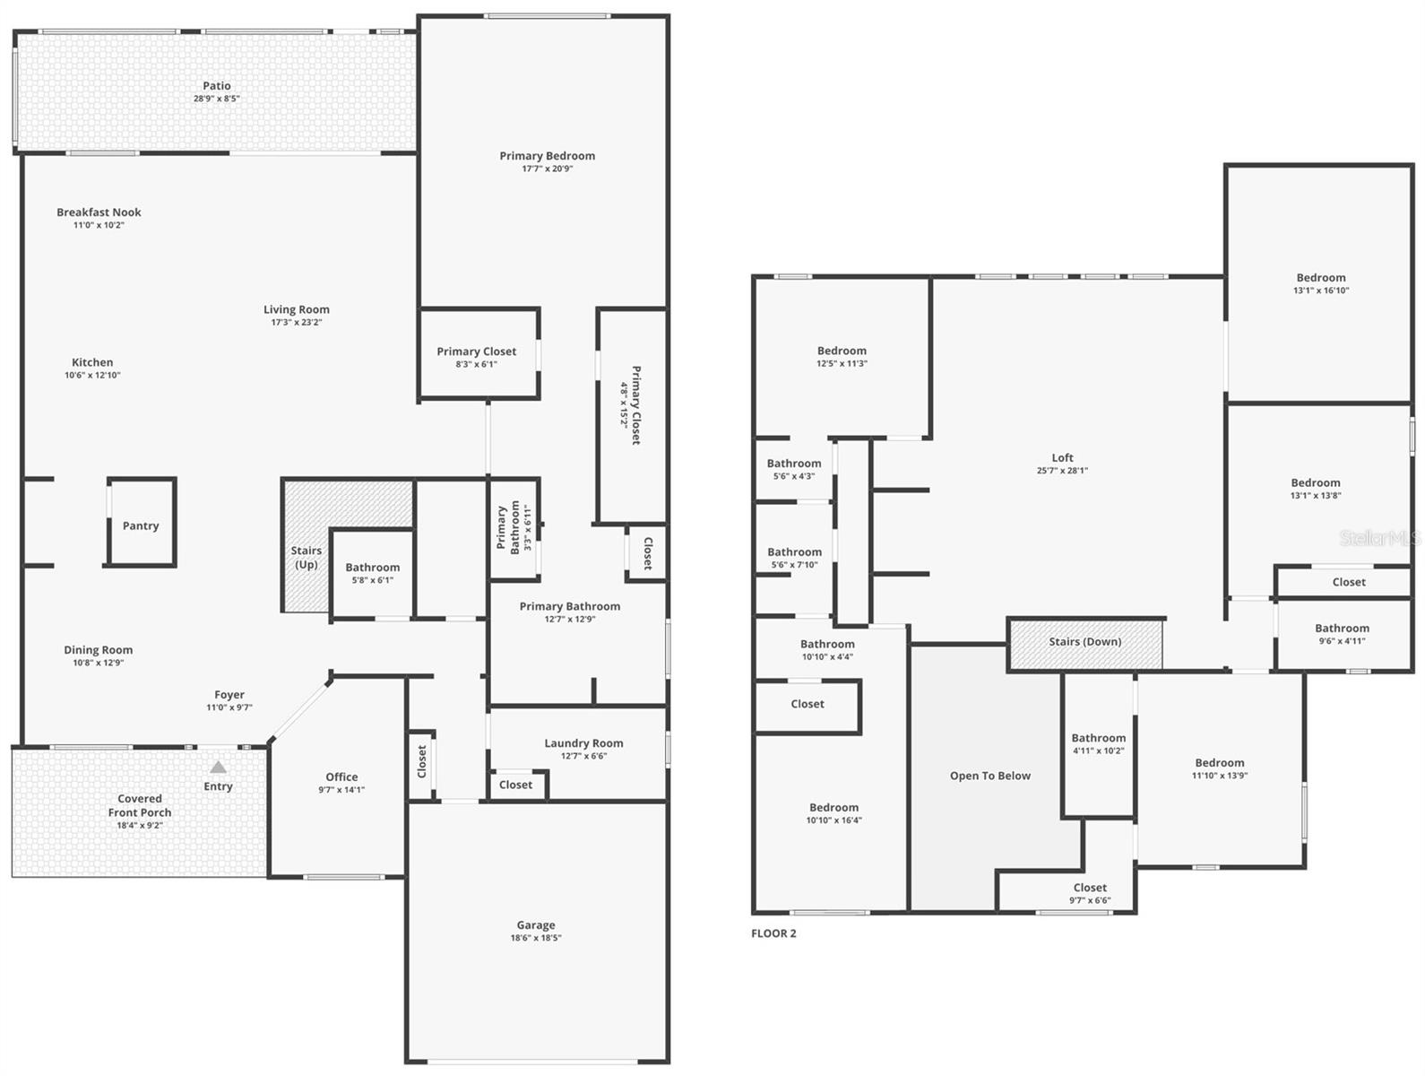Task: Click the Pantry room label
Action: point(141,526)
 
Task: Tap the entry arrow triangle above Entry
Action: point(218,767)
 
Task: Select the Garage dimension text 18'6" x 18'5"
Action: point(536,938)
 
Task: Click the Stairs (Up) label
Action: point(306,558)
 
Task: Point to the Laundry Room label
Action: point(583,743)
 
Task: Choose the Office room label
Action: point(341,777)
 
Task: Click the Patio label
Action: point(217,86)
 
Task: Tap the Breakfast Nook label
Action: point(99,213)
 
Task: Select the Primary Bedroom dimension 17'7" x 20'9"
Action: point(548,169)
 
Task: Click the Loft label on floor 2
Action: point(1062,458)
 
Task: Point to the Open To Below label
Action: point(990,776)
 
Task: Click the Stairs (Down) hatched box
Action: point(1085,643)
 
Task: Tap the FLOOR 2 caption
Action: point(773,933)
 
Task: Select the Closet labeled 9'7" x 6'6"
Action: point(1090,888)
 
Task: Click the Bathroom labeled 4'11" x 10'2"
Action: point(1098,739)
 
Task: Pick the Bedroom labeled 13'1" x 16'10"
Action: point(1321,278)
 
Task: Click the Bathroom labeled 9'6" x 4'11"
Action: point(1342,629)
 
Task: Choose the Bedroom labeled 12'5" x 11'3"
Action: point(842,351)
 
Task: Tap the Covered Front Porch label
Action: point(140,805)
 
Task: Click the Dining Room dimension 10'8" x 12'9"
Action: point(99,664)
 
